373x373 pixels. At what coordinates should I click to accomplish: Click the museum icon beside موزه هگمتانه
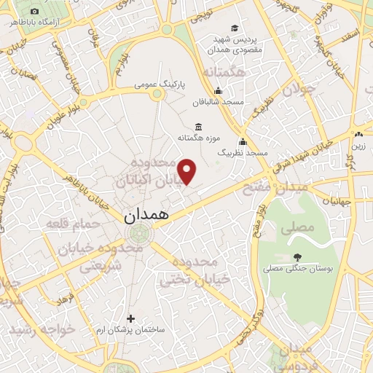click(x=199, y=127)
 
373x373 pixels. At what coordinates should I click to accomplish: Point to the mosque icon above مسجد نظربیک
click(x=243, y=141)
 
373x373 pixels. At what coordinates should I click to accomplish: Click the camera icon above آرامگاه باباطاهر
click(x=35, y=12)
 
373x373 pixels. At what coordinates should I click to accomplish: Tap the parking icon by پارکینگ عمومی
click(x=181, y=85)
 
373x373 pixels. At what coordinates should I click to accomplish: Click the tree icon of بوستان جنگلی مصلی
click(x=297, y=256)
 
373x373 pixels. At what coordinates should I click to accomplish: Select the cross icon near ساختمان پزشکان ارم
click(x=130, y=318)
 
